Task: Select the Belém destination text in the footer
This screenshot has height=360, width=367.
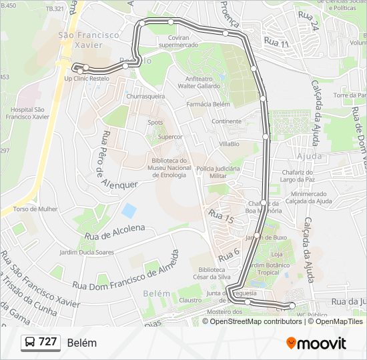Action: (82, 343)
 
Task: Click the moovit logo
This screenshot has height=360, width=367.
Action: (316, 343)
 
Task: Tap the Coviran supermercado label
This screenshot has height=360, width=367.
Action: (179, 41)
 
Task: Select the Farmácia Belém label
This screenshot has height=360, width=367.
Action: (208, 105)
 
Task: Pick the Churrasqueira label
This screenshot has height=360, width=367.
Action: (145, 96)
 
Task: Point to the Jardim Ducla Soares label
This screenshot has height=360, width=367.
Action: (87, 253)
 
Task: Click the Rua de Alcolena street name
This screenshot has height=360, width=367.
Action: (115, 231)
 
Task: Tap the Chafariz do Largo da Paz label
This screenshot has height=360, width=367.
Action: (298, 175)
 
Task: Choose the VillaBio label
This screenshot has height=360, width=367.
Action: (228, 144)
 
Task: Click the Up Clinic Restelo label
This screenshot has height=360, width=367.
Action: (86, 78)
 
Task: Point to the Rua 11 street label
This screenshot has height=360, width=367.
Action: (276, 43)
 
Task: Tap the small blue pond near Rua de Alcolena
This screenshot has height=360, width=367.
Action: (129, 211)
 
